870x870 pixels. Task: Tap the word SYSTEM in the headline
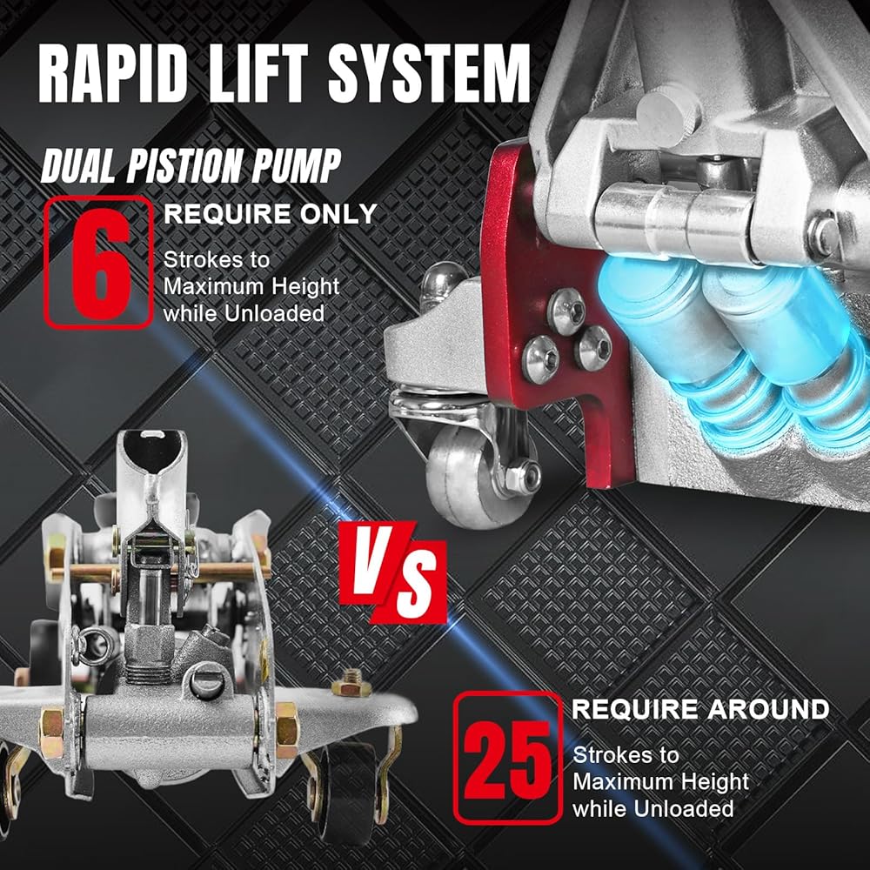[x=429, y=73]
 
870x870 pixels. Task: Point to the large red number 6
[x=100, y=263]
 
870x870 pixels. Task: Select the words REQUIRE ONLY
[x=271, y=214]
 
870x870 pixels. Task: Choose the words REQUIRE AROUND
[x=700, y=709]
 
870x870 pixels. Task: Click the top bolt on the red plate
[x=566, y=311]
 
